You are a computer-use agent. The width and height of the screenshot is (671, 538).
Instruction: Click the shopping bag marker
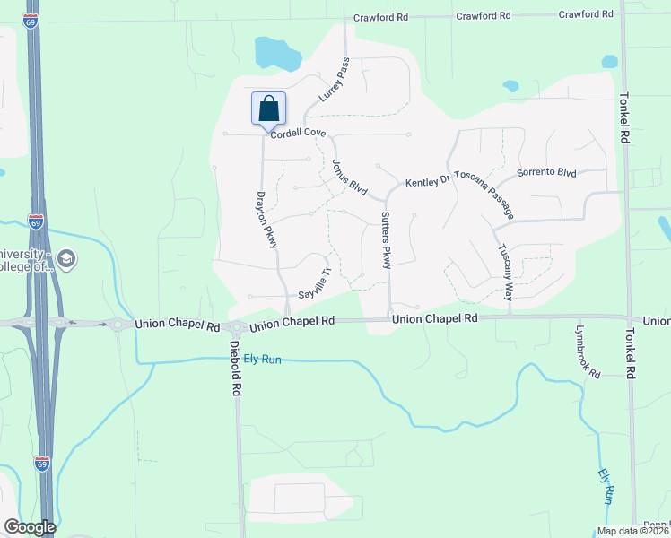[268, 110]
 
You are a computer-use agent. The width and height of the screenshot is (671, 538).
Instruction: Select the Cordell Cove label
[298, 132]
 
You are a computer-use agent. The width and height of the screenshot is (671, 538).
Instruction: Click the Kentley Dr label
[428, 182]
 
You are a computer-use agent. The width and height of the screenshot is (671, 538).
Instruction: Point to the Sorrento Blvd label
[546, 171]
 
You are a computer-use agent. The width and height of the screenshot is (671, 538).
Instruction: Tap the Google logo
[30, 527]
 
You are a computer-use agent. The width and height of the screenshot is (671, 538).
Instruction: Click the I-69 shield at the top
[32, 19]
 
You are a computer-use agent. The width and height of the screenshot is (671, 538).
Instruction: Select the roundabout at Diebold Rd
[236, 328]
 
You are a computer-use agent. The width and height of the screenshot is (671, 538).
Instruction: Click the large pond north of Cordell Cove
[277, 55]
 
